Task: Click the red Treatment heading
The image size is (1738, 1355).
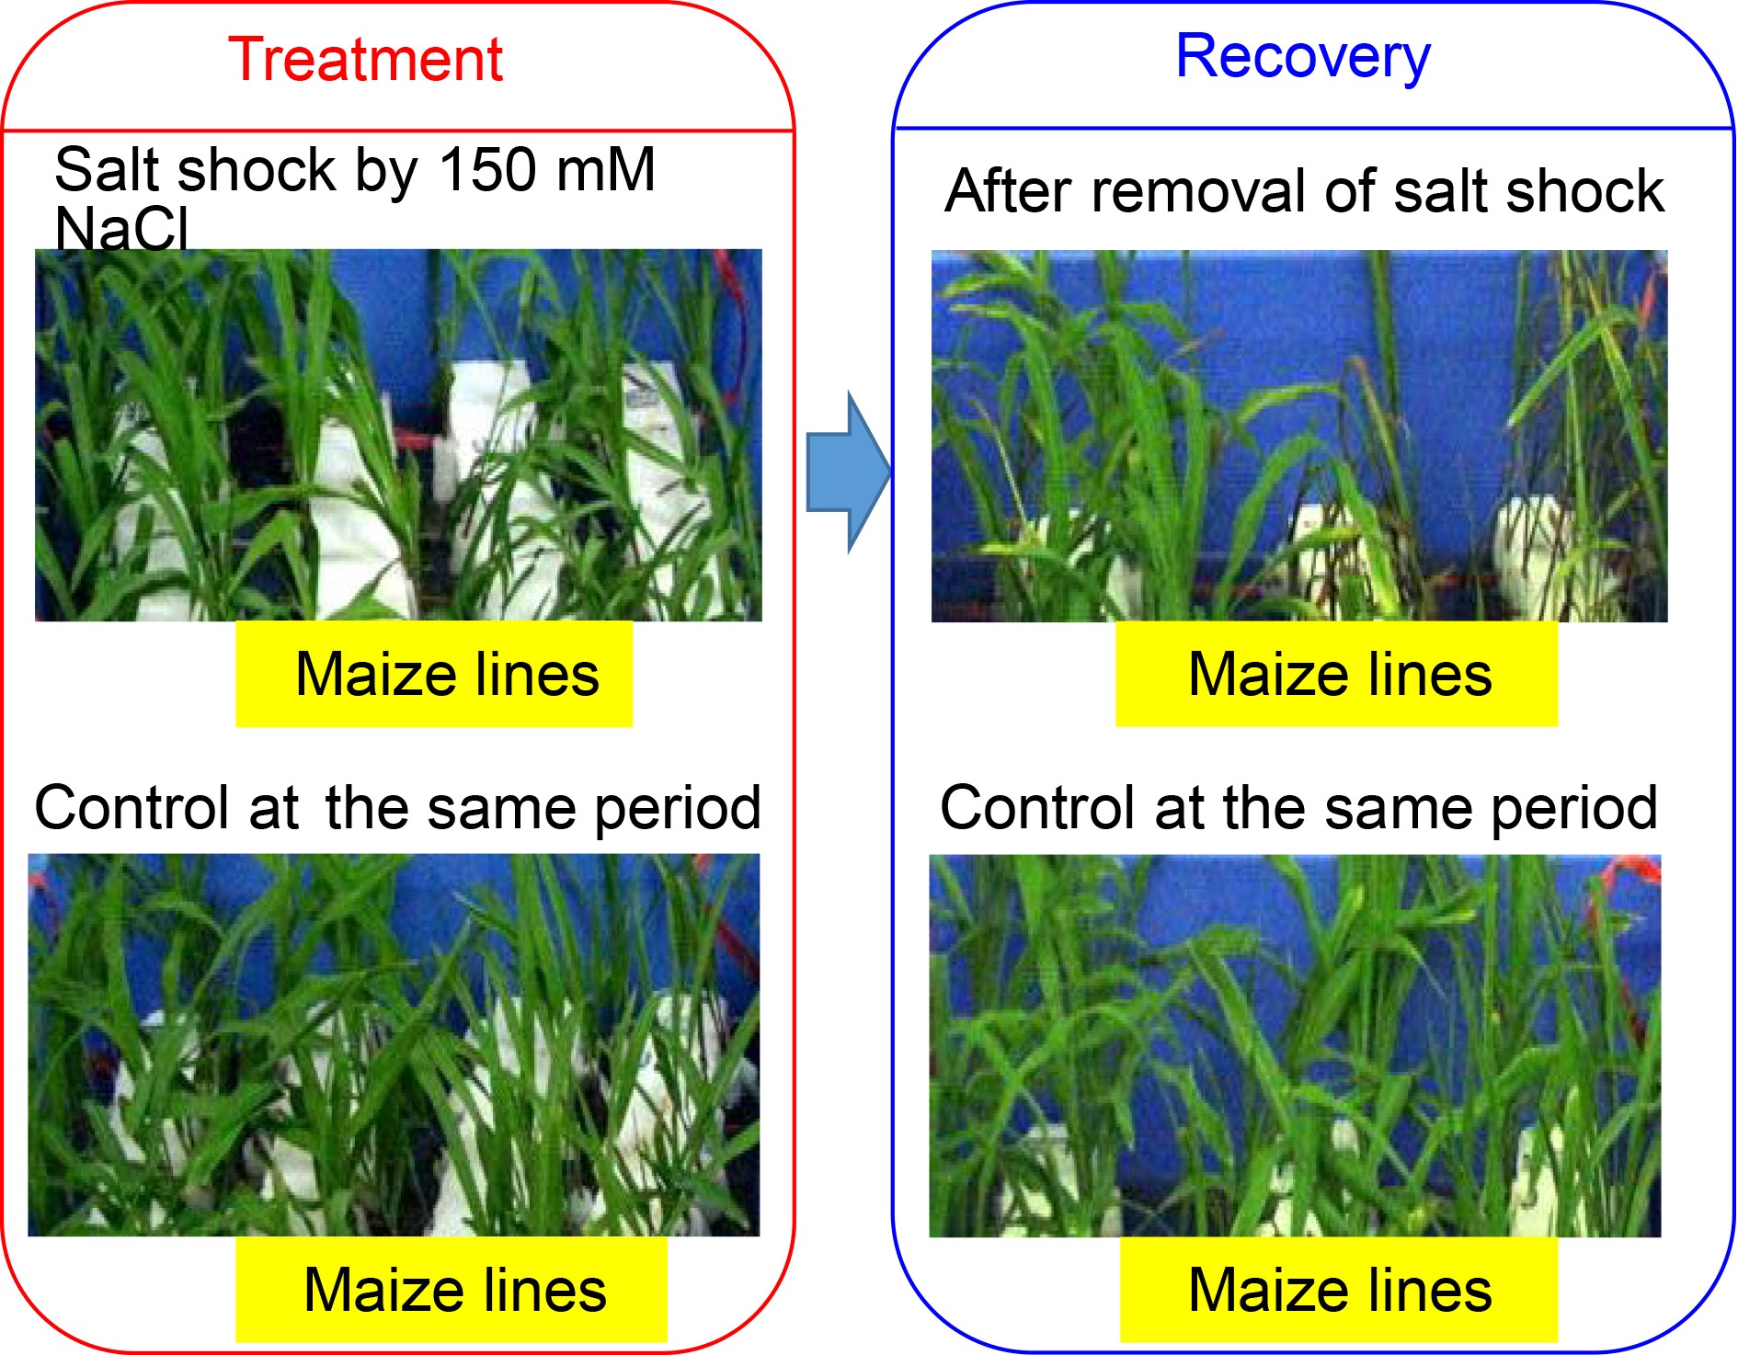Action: click(365, 61)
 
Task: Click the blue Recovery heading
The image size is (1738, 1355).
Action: click(1302, 57)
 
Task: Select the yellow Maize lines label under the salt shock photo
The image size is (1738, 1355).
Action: click(434, 675)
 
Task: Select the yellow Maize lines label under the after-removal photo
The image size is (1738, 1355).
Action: click(1336, 675)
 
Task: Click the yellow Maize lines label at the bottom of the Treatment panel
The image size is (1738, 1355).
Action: click(451, 1290)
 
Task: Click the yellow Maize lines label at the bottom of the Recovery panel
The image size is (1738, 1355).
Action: click(1339, 1290)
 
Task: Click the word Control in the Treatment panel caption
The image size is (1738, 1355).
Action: click(131, 808)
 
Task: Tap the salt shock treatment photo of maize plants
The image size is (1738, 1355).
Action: click(398, 435)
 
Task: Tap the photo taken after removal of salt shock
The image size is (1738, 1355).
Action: click(1298, 436)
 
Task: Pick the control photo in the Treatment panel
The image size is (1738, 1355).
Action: click(394, 1044)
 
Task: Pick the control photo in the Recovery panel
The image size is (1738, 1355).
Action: click(1295, 1045)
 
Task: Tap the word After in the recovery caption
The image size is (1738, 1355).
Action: click(1008, 191)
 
